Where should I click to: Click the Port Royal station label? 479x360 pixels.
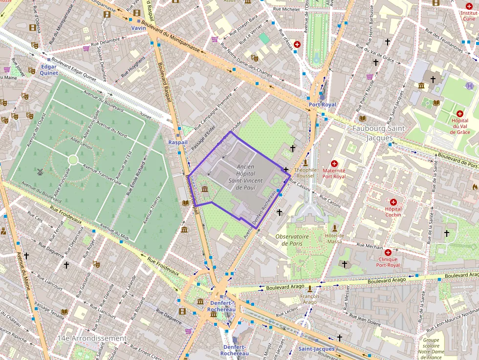(322, 105)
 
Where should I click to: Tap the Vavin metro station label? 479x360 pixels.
(139, 28)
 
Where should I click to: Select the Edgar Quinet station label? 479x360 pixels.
(49, 69)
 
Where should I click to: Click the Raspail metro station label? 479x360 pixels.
(177, 142)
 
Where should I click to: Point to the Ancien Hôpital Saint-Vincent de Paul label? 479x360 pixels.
(245, 177)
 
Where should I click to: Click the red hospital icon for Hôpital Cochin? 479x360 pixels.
(393, 202)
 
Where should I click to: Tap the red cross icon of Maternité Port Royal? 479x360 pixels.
(334, 164)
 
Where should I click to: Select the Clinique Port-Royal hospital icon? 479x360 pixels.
(388, 253)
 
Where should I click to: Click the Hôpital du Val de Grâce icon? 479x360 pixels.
(459, 113)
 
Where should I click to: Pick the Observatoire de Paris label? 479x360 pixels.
(292, 240)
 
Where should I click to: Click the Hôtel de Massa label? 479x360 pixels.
(334, 238)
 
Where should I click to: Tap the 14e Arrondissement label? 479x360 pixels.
(91, 338)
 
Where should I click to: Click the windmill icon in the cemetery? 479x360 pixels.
(40, 171)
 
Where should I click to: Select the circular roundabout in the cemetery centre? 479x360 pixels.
(73, 160)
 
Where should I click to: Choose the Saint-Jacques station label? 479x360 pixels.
(316, 349)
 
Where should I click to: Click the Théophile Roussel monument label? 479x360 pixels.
(305, 173)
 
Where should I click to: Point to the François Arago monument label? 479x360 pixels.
(310, 299)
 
